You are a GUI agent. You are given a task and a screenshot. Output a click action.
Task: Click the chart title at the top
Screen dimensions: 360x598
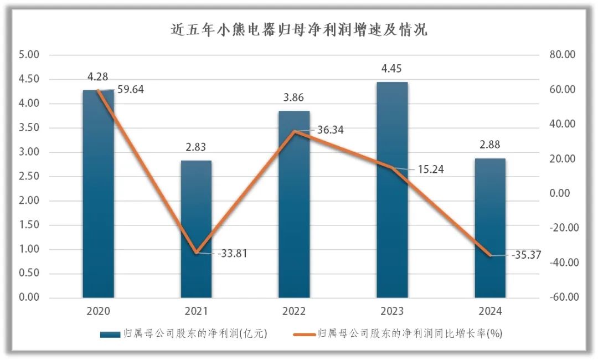pos(299,29)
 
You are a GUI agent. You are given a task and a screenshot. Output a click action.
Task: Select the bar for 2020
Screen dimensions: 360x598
pos(98,194)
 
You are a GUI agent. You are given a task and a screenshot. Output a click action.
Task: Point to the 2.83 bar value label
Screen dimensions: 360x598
pos(196,148)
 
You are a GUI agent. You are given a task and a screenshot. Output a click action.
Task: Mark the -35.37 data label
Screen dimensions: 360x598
pos(524,255)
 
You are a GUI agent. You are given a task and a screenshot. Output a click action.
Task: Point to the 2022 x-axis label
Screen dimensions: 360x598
pos(294,311)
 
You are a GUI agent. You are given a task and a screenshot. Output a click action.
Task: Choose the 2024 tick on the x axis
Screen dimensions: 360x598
pos(490,311)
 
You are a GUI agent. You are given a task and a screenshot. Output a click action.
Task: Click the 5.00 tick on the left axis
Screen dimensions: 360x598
pos(29,55)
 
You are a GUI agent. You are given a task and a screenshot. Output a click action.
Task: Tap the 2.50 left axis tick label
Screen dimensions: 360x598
pos(29,176)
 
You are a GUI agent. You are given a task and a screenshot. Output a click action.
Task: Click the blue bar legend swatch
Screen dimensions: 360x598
pos(110,335)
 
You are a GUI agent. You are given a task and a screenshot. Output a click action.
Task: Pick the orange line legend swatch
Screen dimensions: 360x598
pos(303,334)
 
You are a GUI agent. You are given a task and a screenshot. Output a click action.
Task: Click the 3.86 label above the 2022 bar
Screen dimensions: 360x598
pos(294,98)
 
